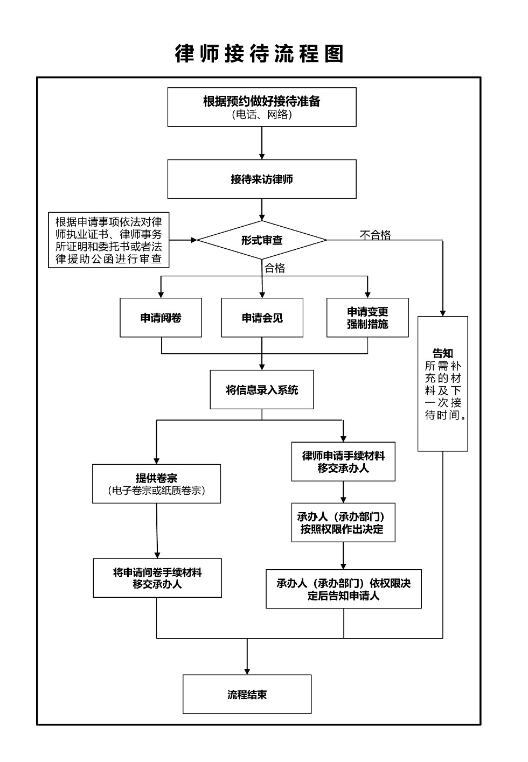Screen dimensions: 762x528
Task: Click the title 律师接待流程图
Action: [259, 54]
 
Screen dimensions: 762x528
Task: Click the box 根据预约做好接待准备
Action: [262, 107]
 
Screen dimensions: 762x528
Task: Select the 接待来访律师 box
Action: [262, 179]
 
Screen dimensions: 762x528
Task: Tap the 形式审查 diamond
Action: [262, 240]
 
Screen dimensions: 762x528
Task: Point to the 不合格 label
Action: [376, 235]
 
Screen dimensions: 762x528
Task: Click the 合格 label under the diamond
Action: [275, 268]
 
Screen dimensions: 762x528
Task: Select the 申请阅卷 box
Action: [161, 318]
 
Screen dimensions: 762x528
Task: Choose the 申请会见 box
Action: [262, 318]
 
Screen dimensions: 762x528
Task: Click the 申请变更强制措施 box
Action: [367, 318]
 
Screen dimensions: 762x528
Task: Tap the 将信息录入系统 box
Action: [262, 390]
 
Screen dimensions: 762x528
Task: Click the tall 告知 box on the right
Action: [443, 383]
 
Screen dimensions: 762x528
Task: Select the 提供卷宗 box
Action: [156, 484]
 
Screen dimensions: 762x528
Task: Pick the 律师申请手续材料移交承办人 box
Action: [343, 462]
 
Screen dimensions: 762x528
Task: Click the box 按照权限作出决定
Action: [343, 522]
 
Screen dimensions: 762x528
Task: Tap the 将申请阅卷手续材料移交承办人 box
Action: [157, 578]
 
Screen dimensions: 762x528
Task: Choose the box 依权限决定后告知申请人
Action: [344, 589]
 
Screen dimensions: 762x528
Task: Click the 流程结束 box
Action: [247, 694]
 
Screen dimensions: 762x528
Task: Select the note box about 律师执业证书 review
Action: [109, 240]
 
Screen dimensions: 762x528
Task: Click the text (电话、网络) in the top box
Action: [262, 115]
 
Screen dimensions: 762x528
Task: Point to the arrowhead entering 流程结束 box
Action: [247, 671]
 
